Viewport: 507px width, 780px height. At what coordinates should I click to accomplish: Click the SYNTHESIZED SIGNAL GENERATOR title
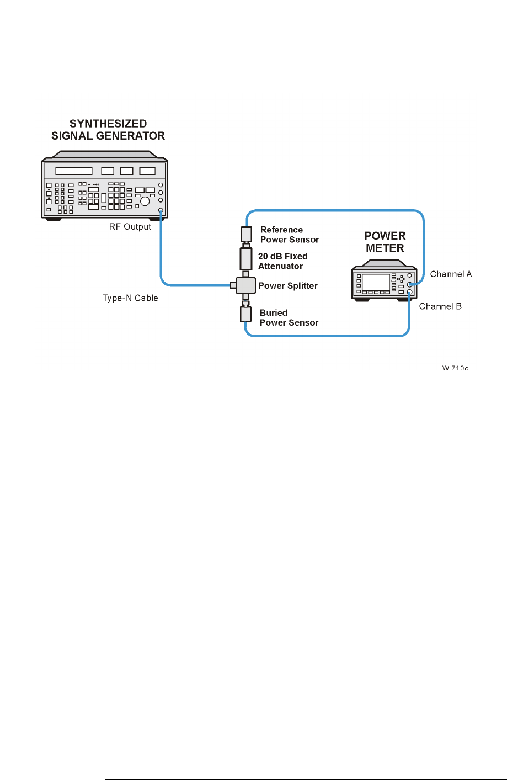pos(108,130)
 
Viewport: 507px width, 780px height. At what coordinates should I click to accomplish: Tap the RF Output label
pos(130,227)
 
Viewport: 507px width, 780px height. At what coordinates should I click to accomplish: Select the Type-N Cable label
pos(130,298)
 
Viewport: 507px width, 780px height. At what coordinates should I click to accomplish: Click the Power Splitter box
pos(246,285)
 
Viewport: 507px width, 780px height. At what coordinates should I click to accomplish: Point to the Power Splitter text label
pos(288,286)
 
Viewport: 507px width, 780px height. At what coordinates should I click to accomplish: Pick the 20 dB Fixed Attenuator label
pos(282,261)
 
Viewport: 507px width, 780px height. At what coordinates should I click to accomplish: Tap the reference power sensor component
pos(246,234)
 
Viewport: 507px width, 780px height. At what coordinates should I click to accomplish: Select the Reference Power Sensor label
pos(289,235)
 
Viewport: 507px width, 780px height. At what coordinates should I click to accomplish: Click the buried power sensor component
pos(246,314)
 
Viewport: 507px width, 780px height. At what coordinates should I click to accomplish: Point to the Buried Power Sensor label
pos(289,318)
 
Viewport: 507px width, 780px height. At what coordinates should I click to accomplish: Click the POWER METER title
pos(385,242)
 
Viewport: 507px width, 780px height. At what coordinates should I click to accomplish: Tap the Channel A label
pos(451,274)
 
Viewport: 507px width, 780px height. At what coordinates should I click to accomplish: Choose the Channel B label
pos(440,306)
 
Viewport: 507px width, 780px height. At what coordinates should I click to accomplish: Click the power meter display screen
pos(376,282)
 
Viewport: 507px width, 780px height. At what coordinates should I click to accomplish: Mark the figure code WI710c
pos(455,368)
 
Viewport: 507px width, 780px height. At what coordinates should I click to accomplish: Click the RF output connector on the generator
pos(161,210)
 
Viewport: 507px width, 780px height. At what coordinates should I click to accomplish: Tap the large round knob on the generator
pos(145,201)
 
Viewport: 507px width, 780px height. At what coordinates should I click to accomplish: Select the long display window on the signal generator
pos(74,172)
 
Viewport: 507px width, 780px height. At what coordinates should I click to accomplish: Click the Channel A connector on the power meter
pos(409,284)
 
